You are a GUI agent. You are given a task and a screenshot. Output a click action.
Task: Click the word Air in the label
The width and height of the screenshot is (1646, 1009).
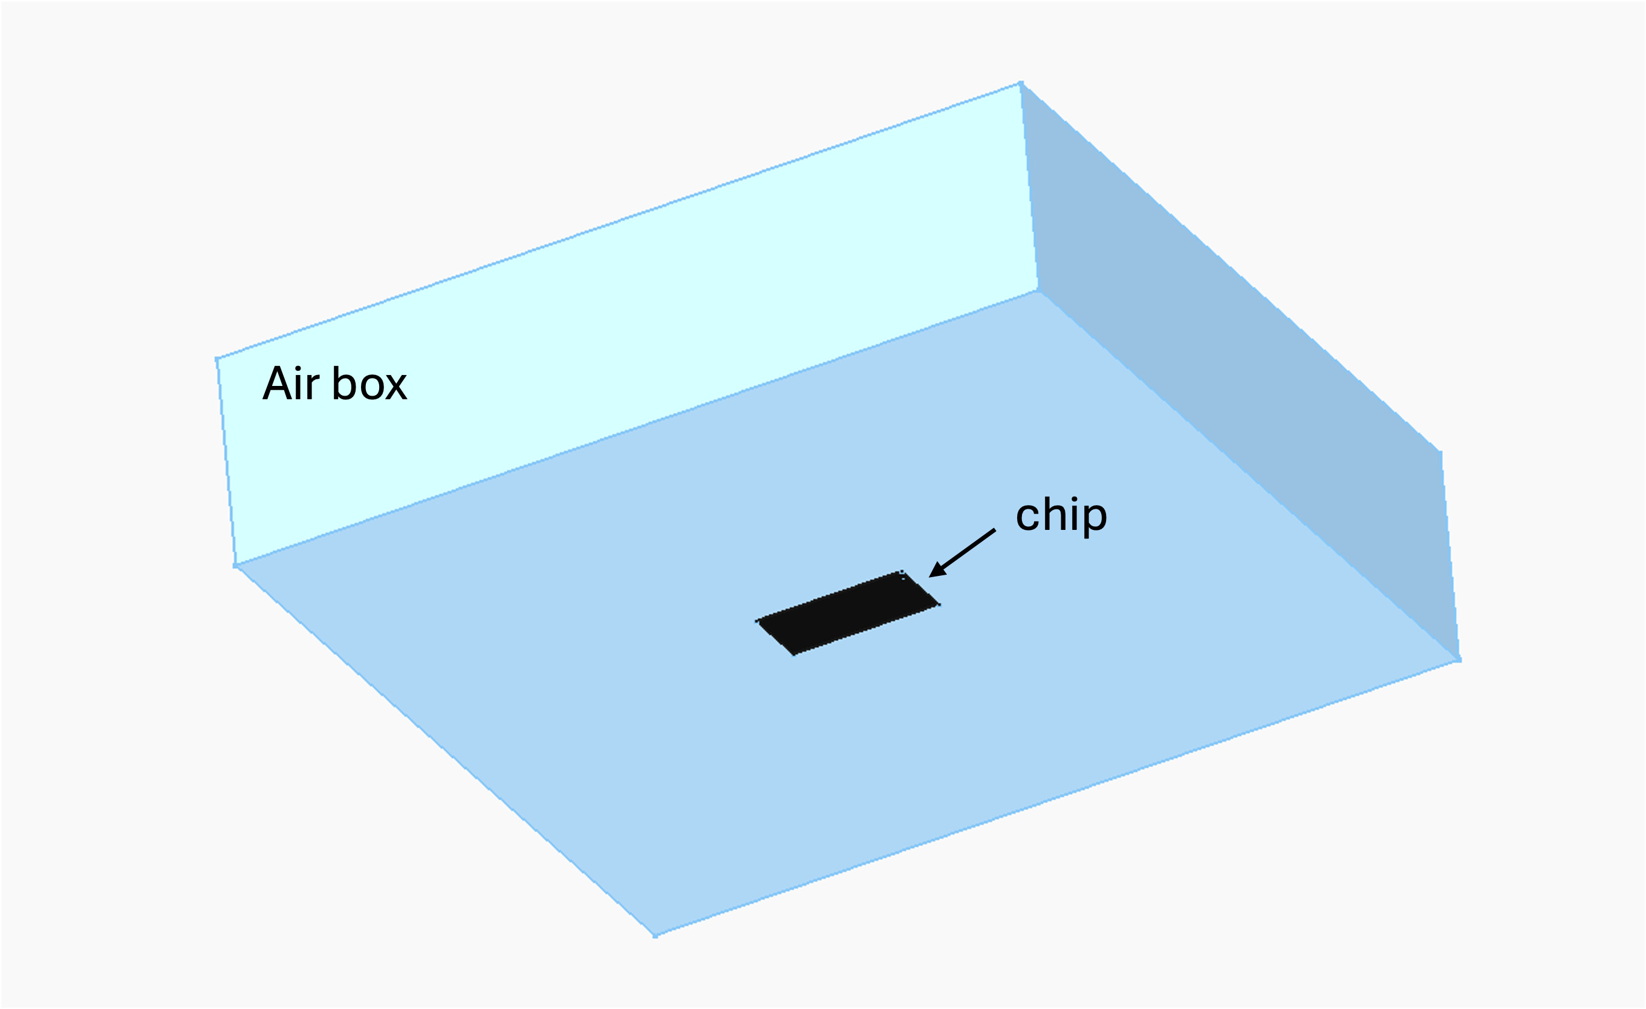[x=291, y=384]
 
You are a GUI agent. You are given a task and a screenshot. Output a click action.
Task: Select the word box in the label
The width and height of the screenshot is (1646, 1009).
[x=369, y=384]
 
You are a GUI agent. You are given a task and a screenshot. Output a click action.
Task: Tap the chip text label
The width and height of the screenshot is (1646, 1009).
[x=1061, y=515]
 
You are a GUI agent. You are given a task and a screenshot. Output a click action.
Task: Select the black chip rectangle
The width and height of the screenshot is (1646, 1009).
[x=848, y=613]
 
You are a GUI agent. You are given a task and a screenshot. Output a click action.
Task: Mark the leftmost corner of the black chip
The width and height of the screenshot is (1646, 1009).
[x=758, y=621]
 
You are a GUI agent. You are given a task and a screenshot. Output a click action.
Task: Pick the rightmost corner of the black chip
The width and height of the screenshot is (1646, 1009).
[x=939, y=605]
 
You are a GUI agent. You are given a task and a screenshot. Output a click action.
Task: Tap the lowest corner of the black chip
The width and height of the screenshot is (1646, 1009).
[x=793, y=655]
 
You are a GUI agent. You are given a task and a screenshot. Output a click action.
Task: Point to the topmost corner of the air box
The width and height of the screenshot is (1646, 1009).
[x=1021, y=83]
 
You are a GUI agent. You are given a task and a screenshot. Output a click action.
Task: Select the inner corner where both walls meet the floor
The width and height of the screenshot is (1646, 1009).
[x=1038, y=290]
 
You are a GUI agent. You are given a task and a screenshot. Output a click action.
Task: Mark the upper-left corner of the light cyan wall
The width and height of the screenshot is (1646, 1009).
[x=217, y=359]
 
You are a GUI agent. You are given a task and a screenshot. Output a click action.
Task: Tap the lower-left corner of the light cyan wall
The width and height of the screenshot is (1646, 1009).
[x=235, y=566]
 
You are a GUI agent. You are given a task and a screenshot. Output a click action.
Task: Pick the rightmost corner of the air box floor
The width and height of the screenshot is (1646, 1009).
[x=1459, y=660]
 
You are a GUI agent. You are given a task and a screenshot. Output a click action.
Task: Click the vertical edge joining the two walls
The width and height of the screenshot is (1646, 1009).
[x=1029, y=187]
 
